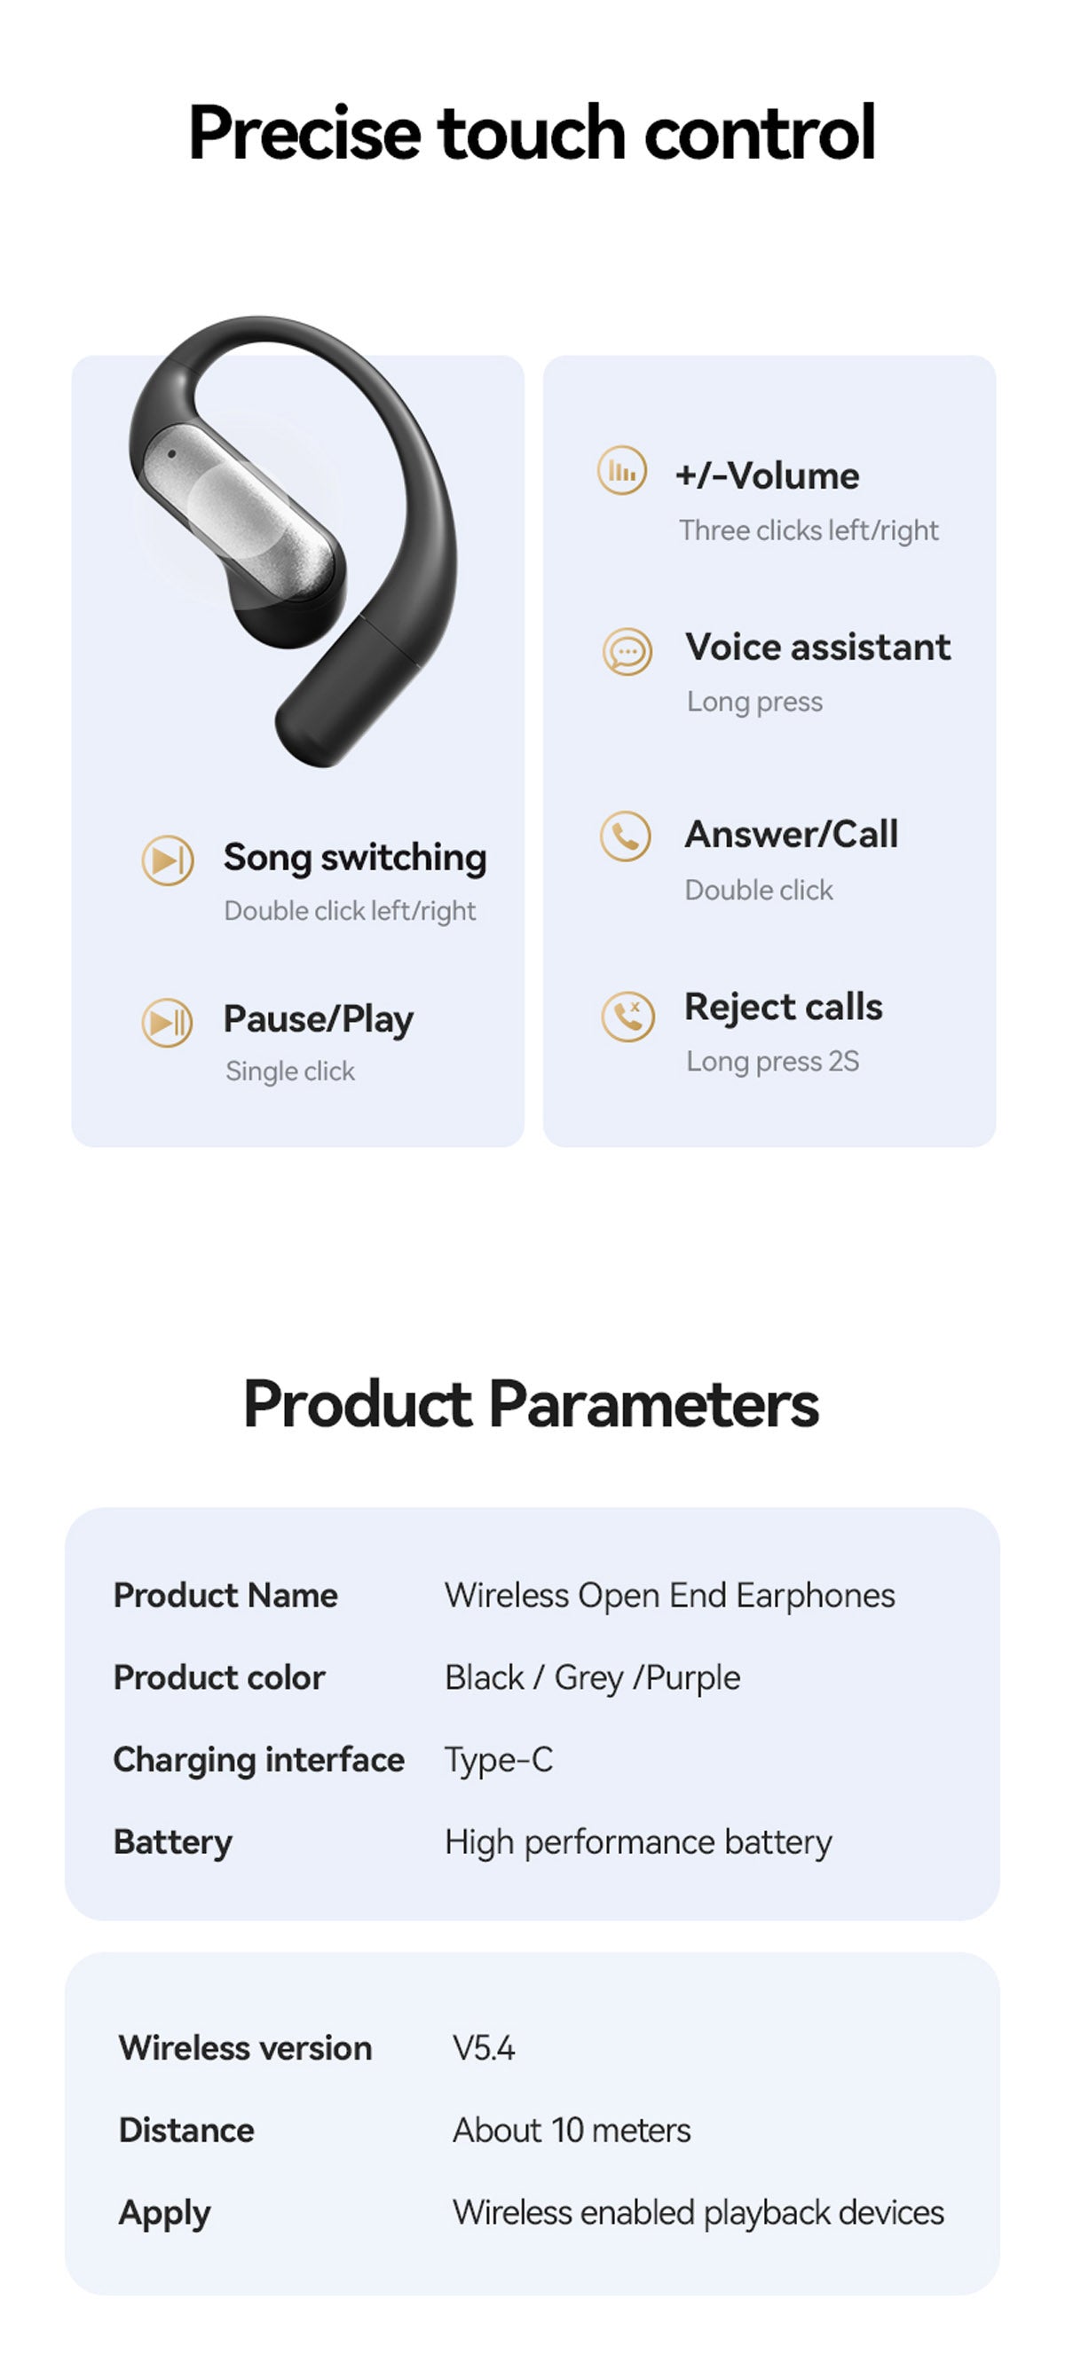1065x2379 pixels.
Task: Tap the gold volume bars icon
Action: point(621,471)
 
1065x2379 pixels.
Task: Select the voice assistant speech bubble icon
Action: point(627,651)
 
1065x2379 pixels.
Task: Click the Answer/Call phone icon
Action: point(626,836)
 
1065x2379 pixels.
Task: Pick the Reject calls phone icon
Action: point(628,1017)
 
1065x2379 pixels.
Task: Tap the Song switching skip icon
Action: point(167,860)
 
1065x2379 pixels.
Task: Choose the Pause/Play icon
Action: point(167,1023)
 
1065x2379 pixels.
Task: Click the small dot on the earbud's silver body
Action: point(172,453)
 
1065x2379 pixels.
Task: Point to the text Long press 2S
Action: point(772,1061)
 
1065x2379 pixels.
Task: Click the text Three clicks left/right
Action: point(809,530)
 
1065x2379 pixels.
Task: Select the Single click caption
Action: point(290,1072)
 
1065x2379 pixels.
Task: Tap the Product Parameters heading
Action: point(531,1404)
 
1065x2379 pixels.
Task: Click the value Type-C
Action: point(499,1759)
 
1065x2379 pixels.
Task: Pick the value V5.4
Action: point(484,2047)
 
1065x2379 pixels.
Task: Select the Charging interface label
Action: point(258,1759)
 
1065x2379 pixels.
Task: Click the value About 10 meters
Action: point(572,2130)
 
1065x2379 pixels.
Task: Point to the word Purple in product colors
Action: point(693,1677)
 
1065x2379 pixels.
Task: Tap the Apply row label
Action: point(164,2213)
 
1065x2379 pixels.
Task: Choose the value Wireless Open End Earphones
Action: point(670,1595)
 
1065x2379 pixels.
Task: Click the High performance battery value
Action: point(638,1841)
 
